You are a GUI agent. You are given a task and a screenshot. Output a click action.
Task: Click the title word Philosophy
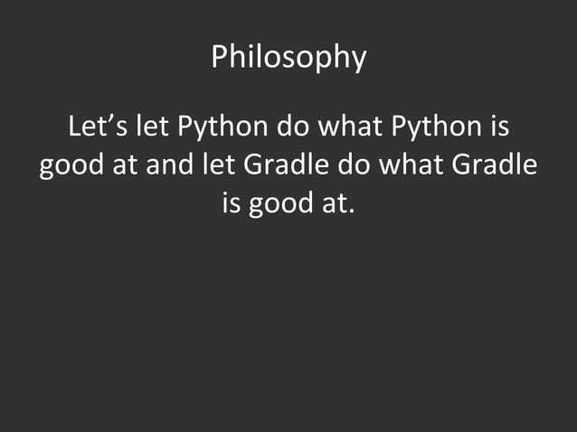(288, 58)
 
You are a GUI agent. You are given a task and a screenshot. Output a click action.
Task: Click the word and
(163, 166)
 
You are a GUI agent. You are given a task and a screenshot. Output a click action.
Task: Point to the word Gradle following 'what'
(494, 166)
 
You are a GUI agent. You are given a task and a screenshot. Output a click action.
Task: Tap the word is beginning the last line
(232, 205)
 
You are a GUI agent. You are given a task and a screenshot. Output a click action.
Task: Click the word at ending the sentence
(331, 205)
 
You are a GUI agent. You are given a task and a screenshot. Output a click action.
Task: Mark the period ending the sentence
(349, 212)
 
